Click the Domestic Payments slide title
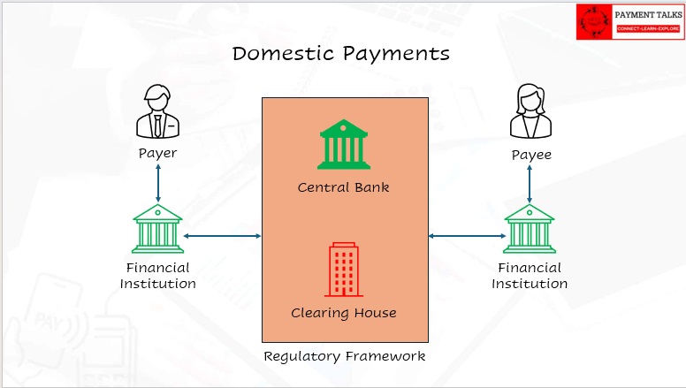[341, 53]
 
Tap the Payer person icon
[157, 112]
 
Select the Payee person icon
[529, 112]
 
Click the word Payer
[157, 153]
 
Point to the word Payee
[530, 155]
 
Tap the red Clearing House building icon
[343, 270]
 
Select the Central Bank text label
[343, 187]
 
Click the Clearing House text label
[343, 313]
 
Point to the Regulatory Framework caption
[345, 356]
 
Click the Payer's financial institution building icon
[157, 229]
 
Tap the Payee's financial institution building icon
[530, 229]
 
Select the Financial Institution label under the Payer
[157, 276]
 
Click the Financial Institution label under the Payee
[530, 276]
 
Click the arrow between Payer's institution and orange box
[223, 236]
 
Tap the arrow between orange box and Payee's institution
[465, 236]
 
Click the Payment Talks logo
[629, 21]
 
